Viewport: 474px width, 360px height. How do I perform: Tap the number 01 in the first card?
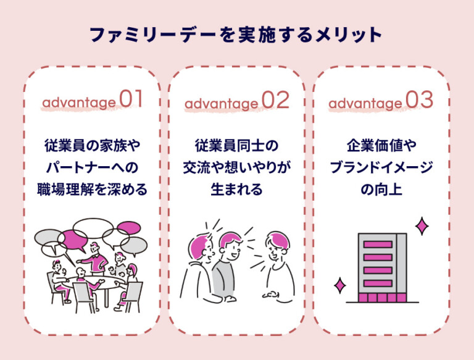point(131,100)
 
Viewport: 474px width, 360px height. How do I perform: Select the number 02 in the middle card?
point(275,100)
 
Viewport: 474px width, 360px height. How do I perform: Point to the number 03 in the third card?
point(420,100)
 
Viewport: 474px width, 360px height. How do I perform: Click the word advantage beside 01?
point(78,102)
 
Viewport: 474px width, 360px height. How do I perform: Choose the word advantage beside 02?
point(222,102)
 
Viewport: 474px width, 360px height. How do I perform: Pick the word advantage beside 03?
point(365,102)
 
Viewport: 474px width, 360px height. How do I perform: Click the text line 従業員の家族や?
point(93,146)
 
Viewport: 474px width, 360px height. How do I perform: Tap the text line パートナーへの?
point(93,167)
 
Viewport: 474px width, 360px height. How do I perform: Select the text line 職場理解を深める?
point(93,189)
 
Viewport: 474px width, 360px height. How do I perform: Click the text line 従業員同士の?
point(236,146)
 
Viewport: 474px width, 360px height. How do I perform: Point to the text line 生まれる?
point(236,189)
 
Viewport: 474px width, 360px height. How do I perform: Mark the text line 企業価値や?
point(381,146)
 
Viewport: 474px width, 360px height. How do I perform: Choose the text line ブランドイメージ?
point(381,167)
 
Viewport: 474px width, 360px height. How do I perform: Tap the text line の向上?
point(381,189)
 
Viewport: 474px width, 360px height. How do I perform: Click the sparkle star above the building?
point(422,227)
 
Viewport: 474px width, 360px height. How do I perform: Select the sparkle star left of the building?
point(339,285)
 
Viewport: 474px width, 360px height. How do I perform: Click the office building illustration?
point(382,269)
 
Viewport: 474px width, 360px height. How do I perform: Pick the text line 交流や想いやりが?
point(236,167)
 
